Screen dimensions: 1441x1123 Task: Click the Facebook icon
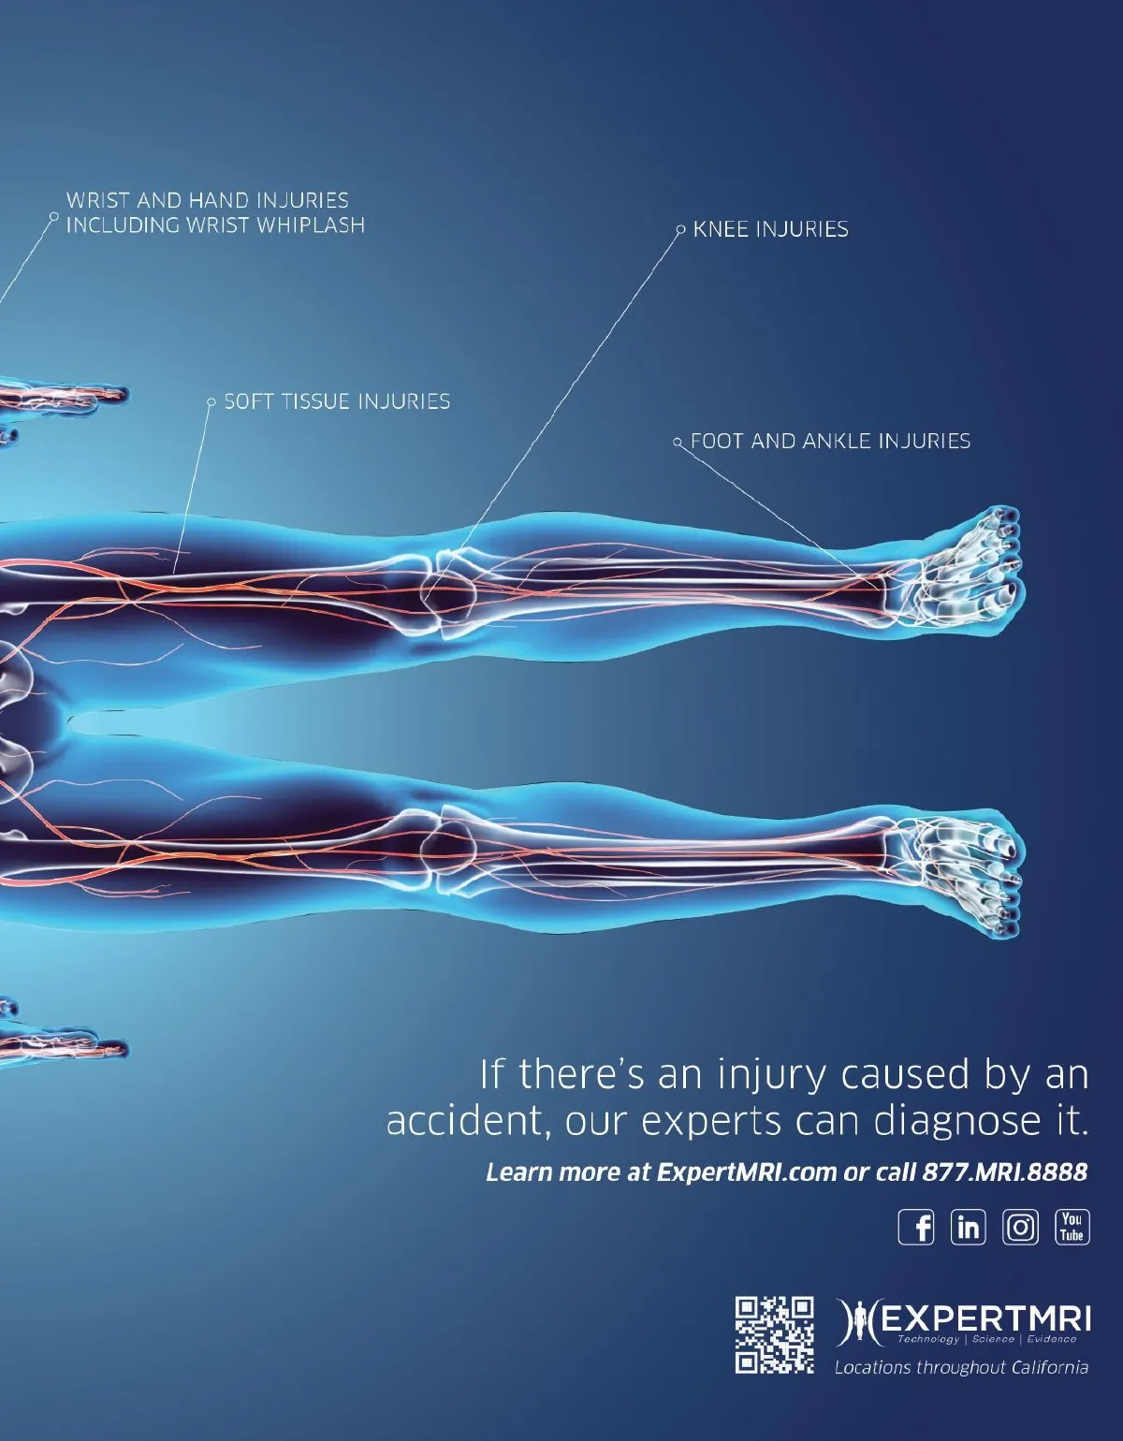[x=916, y=1226]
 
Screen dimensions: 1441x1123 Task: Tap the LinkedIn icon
[x=968, y=1226]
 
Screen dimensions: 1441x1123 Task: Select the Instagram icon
[x=1020, y=1226]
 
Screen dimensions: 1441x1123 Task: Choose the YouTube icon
[x=1072, y=1226]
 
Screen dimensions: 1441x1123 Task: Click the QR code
[x=774, y=1334]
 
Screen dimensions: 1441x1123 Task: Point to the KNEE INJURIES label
[x=770, y=229]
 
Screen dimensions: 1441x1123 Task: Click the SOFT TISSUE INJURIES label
[x=337, y=401]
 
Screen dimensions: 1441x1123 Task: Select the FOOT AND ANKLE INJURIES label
[x=830, y=441]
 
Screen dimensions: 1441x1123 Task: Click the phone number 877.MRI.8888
[x=1004, y=1172]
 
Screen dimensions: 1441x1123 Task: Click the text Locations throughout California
[x=961, y=1367]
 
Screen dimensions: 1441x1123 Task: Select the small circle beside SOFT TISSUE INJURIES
[x=211, y=402]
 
